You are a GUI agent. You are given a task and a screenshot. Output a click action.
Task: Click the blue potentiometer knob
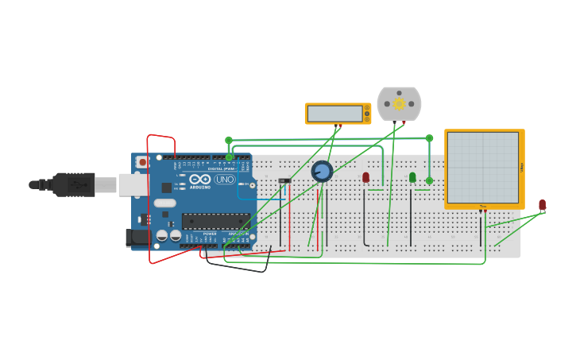(322, 171)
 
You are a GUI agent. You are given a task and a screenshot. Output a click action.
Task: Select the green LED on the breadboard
(412, 177)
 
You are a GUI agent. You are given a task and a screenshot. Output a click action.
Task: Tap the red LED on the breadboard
(365, 177)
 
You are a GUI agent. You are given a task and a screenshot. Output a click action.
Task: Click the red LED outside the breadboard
(543, 205)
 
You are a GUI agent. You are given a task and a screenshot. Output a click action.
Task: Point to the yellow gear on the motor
(399, 103)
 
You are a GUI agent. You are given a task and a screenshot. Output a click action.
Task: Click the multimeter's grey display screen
(334, 114)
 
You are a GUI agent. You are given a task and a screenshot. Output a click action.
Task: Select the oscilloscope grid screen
(482, 168)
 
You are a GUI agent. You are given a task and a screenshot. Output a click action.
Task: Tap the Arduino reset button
(142, 162)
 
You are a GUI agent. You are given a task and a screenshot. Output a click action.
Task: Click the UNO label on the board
(225, 180)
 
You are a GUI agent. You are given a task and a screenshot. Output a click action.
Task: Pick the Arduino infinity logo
(199, 180)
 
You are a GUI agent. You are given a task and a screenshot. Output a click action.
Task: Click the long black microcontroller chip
(215, 221)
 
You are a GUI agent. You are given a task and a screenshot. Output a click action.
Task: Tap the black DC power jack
(138, 237)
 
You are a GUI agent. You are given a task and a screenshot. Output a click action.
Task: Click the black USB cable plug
(75, 184)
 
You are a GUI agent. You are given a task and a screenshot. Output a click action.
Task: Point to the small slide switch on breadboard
(284, 180)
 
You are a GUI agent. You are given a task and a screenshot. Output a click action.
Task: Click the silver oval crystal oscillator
(164, 203)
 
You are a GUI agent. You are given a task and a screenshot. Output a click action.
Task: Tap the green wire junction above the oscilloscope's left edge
(429, 138)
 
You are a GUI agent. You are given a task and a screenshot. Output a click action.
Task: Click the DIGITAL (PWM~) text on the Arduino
(222, 168)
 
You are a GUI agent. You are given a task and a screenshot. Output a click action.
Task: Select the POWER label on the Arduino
(210, 234)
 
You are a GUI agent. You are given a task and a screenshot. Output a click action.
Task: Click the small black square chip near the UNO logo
(167, 188)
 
